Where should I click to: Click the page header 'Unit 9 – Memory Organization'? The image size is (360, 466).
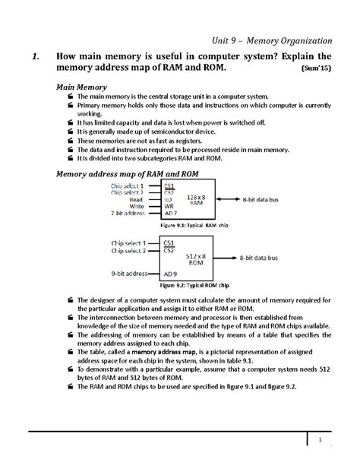click(273, 40)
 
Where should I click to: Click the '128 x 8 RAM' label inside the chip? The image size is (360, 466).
click(196, 199)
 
